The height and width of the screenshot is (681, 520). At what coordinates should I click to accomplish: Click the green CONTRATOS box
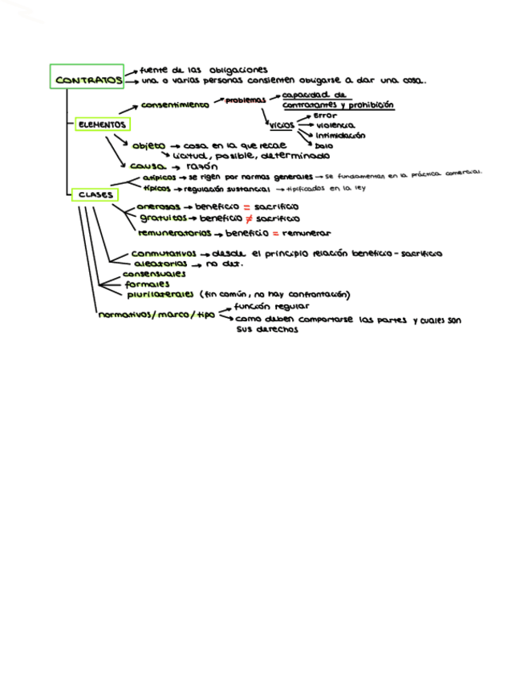[x=87, y=78]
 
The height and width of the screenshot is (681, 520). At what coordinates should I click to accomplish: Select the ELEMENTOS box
[x=102, y=124]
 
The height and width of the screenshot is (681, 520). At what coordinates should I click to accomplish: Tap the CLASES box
[x=95, y=194]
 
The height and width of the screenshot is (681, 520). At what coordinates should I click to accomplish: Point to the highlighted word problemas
[x=245, y=100]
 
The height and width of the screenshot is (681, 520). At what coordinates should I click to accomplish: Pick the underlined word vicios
[x=282, y=125]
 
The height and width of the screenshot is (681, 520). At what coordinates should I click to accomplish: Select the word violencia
[x=335, y=126]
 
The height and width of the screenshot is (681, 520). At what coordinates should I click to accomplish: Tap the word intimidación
[x=340, y=136]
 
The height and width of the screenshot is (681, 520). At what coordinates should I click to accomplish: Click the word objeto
[x=148, y=145]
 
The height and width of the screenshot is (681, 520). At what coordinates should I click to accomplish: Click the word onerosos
[x=158, y=206]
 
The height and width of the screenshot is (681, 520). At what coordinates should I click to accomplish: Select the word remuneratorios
[x=173, y=233]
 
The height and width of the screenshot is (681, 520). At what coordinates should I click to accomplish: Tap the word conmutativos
[x=164, y=254]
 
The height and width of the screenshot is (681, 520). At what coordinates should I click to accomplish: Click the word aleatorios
[x=160, y=263]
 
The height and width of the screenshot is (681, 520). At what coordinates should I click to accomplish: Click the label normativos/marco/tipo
[x=156, y=316]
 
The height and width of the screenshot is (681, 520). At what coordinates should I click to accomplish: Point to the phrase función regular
[x=260, y=306]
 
